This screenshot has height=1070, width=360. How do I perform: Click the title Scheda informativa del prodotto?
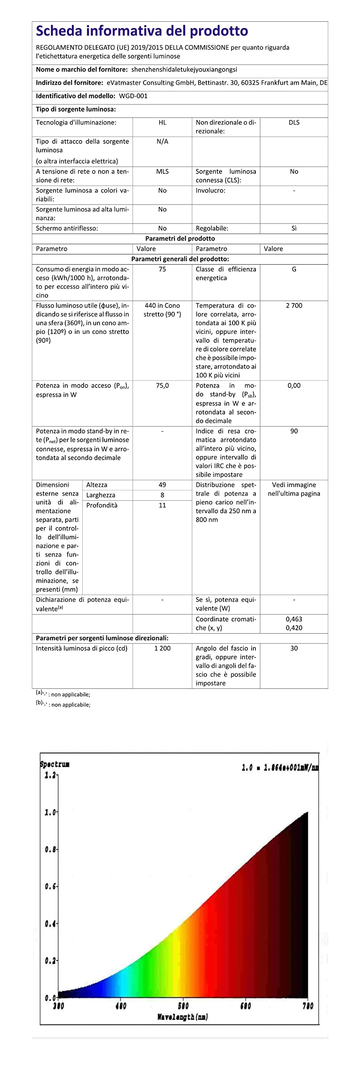pyautogui.click(x=142, y=31)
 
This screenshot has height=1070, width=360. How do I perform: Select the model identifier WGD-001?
pyautogui.click(x=133, y=96)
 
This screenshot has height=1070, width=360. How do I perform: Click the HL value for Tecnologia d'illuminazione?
pyautogui.click(x=162, y=122)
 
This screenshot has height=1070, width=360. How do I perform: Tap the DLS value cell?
pyautogui.click(x=294, y=122)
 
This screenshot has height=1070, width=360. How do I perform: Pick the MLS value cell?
pyautogui.click(x=162, y=171)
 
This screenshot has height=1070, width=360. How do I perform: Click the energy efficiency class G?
pyautogui.click(x=294, y=269)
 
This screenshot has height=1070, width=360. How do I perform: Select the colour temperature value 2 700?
pyautogui.click(x=294, y=306)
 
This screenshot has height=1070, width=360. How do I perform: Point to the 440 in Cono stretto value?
pyautogui.click(x=162, y=310)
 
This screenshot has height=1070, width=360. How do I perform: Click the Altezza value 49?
pyautogui.click(x=162, y=485)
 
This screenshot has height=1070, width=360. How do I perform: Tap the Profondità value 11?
pyautogui.click(x=162, y=505)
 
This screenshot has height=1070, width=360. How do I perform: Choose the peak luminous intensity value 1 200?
pyautogui.click(x=162, y=648)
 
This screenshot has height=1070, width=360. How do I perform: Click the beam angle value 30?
pyautogui.click(x=294, y=648)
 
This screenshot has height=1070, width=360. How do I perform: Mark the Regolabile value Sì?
pyautogui.click(x=294, y=228)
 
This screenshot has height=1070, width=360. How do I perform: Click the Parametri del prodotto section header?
pyautogui.click(x=180, y=239)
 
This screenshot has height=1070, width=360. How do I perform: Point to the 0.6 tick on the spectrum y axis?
pyautogui.click(x=50, y=886)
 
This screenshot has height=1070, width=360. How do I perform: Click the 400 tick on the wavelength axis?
pyautogui.click(x=120, y=1006)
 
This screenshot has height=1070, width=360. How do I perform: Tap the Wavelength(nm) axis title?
pyautogui.click(x=182, y=1017)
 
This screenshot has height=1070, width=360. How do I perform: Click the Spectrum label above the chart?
pyautogui.click(x=54, y=764)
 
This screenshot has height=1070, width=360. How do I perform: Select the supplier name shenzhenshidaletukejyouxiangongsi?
pyautogui.click(x=184, y=69)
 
